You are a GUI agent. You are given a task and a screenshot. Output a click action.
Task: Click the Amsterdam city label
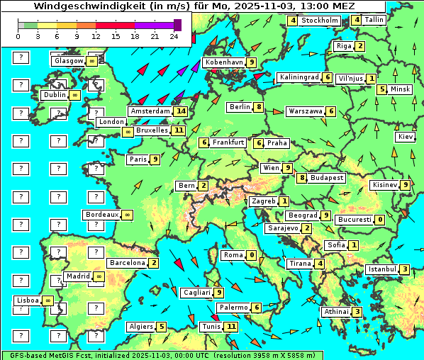pos(151,111)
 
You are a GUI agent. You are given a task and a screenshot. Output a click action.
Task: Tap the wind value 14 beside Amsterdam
pos(181,111)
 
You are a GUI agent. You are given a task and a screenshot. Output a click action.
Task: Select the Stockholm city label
pos(320,21)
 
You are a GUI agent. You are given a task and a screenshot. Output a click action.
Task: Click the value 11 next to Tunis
pos(230,327)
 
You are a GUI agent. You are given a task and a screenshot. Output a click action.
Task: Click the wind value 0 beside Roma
pos(252,255)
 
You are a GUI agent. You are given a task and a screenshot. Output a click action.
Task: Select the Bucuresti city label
pos(355,220)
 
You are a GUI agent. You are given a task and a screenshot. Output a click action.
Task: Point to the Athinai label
pos(336,312)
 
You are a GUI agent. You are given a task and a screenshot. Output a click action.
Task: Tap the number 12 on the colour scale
pos(96,35)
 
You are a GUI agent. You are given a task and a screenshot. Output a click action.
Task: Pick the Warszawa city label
pos(306,111)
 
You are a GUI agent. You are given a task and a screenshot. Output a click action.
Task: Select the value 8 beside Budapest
pos(302,177)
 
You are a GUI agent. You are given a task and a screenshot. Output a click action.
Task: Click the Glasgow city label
pos(68,61)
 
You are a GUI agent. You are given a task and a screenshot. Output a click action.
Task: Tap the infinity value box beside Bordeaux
pos(127,215)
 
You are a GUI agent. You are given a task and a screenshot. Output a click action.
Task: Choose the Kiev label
pos(406,137)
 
